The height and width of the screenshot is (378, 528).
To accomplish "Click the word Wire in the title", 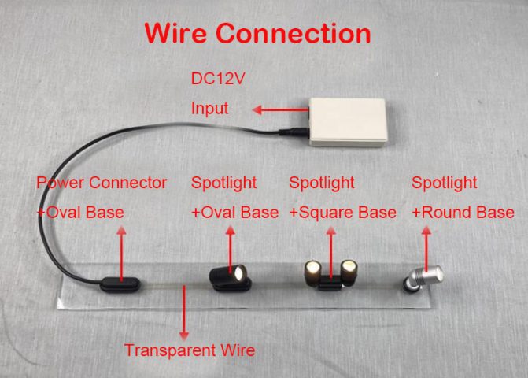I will coord(174,33).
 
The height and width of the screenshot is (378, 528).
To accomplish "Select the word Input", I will coord(210,109).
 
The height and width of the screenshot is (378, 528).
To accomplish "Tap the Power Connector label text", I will coord(102,183).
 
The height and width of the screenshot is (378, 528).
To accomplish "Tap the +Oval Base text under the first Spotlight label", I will coord(234,213).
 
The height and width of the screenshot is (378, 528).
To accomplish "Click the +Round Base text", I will coord(463,213).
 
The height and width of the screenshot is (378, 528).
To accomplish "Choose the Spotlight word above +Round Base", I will coord(445,183).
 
